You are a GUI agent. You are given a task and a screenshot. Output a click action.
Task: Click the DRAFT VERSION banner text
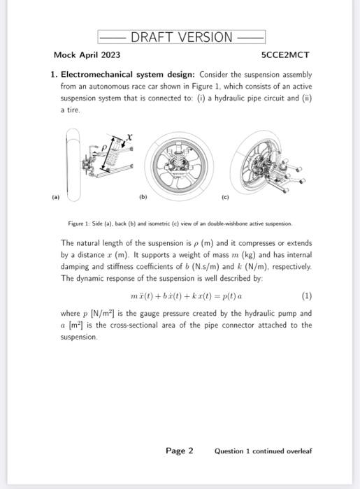click(181, 37)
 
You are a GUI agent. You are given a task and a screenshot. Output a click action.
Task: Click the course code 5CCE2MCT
click(285, 54)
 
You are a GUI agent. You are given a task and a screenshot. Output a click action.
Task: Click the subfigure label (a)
click(56, 198)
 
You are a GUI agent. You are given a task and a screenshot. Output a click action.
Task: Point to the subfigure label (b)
click(143, 198)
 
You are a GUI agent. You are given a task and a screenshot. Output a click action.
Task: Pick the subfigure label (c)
click(225, 198)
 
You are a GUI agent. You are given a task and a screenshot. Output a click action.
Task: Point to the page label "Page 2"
click(180, 451)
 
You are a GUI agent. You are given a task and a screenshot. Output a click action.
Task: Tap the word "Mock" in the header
click(66, 54)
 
